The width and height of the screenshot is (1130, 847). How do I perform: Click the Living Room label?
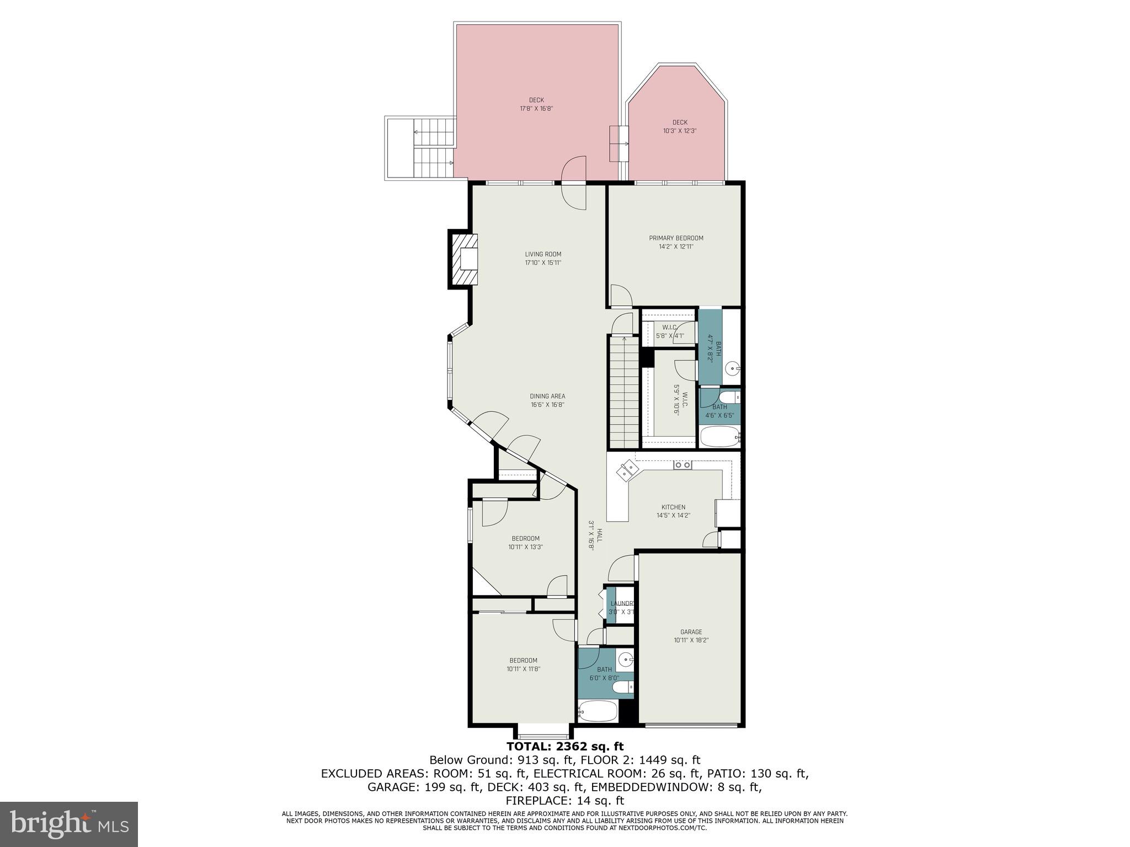click(543, 254)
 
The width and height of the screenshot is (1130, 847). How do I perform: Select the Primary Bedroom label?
click(676, 238)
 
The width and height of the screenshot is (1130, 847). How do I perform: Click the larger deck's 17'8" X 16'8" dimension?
click(536, 109)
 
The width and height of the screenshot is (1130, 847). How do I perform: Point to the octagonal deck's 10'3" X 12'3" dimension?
click(680, 131)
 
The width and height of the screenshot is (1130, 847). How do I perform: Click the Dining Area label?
click(547, 396)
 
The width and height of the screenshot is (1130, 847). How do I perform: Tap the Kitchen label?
click(673, 507)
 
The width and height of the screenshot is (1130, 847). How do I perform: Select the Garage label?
click(691, 632)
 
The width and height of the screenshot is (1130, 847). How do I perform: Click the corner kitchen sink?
click(628, 470)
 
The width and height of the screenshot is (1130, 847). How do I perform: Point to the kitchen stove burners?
click(683, 465)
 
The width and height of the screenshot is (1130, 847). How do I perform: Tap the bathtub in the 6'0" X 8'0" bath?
click(597, 711)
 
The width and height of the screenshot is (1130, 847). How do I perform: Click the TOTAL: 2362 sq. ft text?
click(565, 747)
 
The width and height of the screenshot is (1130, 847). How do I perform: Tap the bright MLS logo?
click(69, 824)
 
